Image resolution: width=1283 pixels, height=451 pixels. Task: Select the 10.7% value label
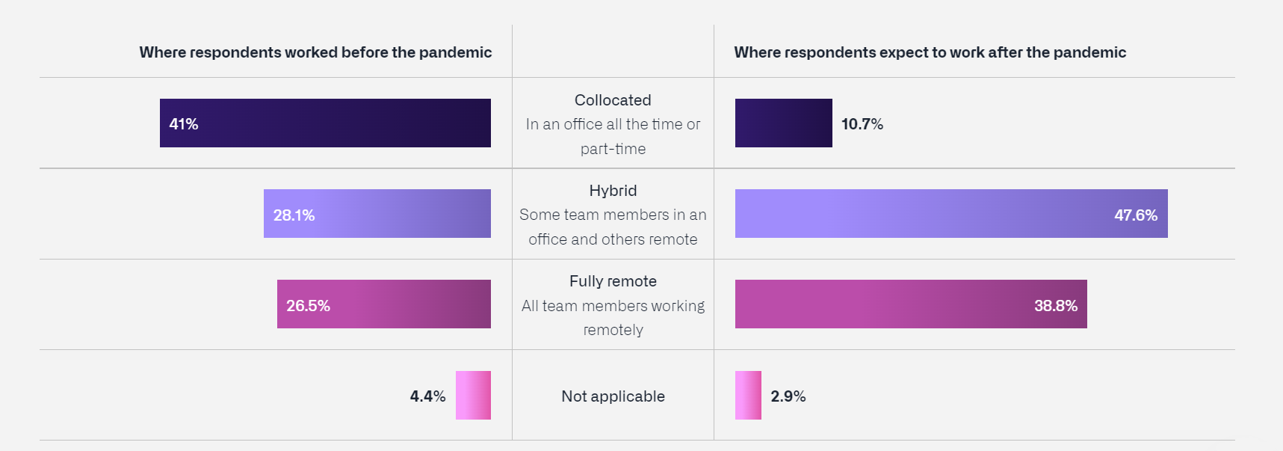coord(862,124)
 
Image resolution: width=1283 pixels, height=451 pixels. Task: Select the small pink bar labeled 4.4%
coord(473,395)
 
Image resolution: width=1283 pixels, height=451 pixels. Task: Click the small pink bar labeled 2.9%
coord(748,395)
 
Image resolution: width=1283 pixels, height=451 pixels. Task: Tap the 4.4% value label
coord(427,396)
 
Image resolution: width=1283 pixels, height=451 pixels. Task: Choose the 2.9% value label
coord(788,396)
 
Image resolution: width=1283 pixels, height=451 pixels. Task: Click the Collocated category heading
coord(613,100)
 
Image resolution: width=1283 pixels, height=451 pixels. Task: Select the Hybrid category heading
coord(613,191)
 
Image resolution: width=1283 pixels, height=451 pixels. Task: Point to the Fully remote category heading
coord(613,281)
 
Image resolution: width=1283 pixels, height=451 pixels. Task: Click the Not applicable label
coord(613,396)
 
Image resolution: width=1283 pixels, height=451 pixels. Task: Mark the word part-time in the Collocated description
coord(613,149)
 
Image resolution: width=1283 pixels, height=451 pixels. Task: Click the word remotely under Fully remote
coord(613,330)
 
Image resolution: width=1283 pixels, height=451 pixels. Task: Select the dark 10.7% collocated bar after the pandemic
coord(783,123)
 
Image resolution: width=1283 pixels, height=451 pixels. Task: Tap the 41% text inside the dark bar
coord(183,124)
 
